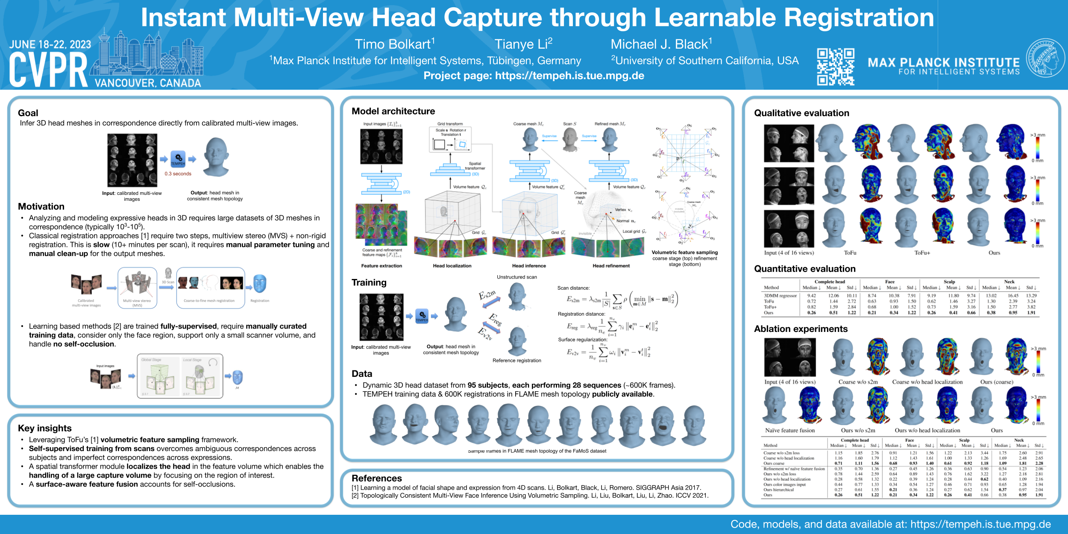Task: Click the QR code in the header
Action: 835,67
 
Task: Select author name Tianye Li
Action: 523,44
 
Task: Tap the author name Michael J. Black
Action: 661,44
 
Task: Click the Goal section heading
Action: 28,113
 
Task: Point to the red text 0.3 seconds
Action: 178,174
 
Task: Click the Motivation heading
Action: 41,206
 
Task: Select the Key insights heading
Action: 45,428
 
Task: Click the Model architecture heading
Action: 393,111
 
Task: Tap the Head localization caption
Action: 452,266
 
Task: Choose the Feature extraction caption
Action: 381,266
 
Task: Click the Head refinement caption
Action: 611,266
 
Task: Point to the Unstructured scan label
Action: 516,277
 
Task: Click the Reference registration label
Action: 516,361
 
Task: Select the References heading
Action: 376,478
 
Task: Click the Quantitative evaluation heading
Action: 804,269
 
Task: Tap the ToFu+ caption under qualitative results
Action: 922,253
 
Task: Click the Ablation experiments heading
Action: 801,329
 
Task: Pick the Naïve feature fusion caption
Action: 789,430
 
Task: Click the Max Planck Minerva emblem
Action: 1045,58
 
